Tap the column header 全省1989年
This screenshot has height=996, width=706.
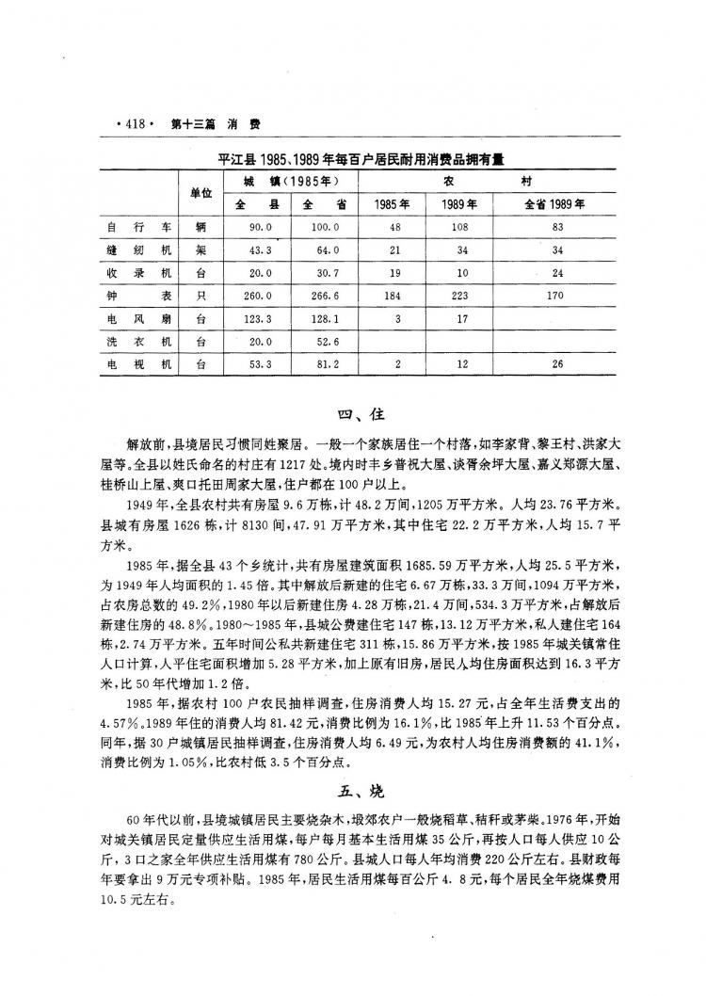(x=554, y=203)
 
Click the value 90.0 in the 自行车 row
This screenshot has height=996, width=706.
(x=260, y=227)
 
